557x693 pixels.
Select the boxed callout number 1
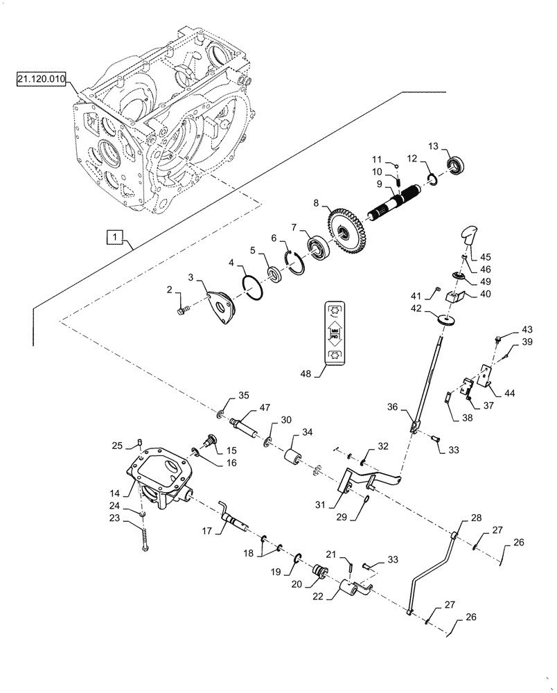[115, 239]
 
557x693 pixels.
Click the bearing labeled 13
[457, 166]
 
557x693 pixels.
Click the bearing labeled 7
[320, 247]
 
